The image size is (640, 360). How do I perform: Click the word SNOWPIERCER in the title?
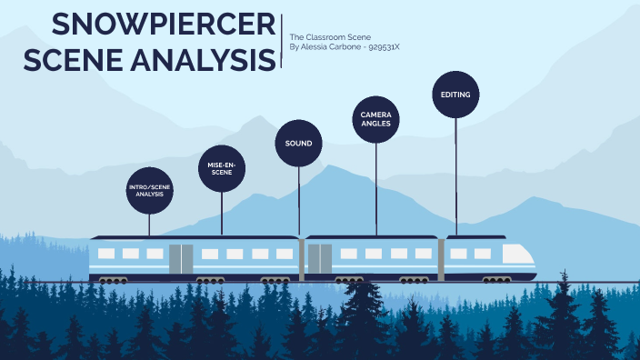point(165,25)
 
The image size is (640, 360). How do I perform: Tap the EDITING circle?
point(455,95)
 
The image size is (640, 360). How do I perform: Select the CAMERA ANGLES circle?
point(375,120)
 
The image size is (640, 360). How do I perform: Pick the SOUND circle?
point(298,144)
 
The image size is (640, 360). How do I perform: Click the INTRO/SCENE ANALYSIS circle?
point(149,190)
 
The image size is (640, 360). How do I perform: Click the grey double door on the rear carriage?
point(181,258)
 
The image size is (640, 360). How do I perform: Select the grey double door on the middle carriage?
point(319,258)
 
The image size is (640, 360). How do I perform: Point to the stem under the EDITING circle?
point(455,173)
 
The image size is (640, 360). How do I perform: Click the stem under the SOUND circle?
point(299,200)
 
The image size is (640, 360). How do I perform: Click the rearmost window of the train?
point(106,254)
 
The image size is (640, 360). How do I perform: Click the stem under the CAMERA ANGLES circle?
point(376,186)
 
